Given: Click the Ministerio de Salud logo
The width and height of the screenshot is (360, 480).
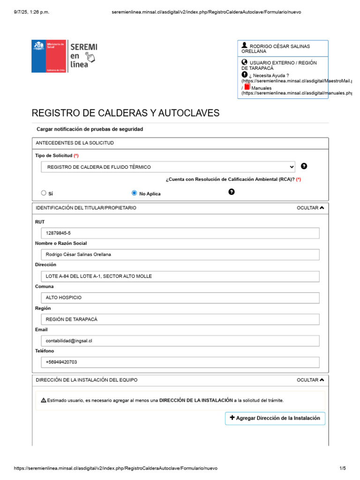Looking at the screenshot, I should tap(49, 56).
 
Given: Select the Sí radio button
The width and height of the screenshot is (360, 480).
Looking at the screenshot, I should tap(44, 193).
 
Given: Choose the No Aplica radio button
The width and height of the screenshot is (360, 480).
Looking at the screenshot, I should tap(135, 193).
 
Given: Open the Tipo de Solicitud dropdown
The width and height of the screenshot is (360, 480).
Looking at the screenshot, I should tap(168, 167).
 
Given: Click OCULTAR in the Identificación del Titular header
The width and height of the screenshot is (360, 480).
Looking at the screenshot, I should tap(310, 208).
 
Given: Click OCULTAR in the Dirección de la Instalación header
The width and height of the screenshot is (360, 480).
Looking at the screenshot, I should tap(310, 380).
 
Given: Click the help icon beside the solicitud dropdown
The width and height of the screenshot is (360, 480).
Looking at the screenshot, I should tap(304, 166).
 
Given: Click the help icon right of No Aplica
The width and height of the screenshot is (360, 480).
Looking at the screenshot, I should tap(232, 192).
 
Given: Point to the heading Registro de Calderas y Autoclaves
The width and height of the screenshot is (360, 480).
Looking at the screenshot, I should tap(125, 113).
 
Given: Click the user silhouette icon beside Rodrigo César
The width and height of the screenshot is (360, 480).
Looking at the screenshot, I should tap(244, 45).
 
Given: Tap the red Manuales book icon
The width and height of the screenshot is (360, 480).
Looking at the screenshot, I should tap(247, 87).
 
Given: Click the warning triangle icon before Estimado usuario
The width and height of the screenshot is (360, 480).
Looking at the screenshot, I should tap(43, 400).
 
